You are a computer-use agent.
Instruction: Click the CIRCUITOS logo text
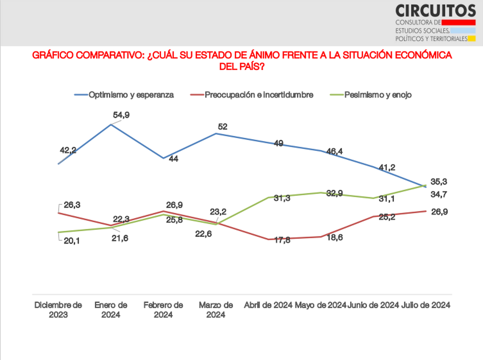(436, 10)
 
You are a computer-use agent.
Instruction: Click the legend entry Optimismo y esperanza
(131, 95)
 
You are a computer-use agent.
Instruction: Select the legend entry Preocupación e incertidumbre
(259, 95)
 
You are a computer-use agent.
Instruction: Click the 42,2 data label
(68, 151)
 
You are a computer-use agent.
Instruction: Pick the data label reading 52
(222, 126)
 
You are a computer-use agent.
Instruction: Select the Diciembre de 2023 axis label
(58, 310)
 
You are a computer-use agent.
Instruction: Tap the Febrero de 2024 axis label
(163, 310)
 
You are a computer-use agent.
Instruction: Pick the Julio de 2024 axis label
(426, 305)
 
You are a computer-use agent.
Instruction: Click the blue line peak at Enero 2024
(111, 124)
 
